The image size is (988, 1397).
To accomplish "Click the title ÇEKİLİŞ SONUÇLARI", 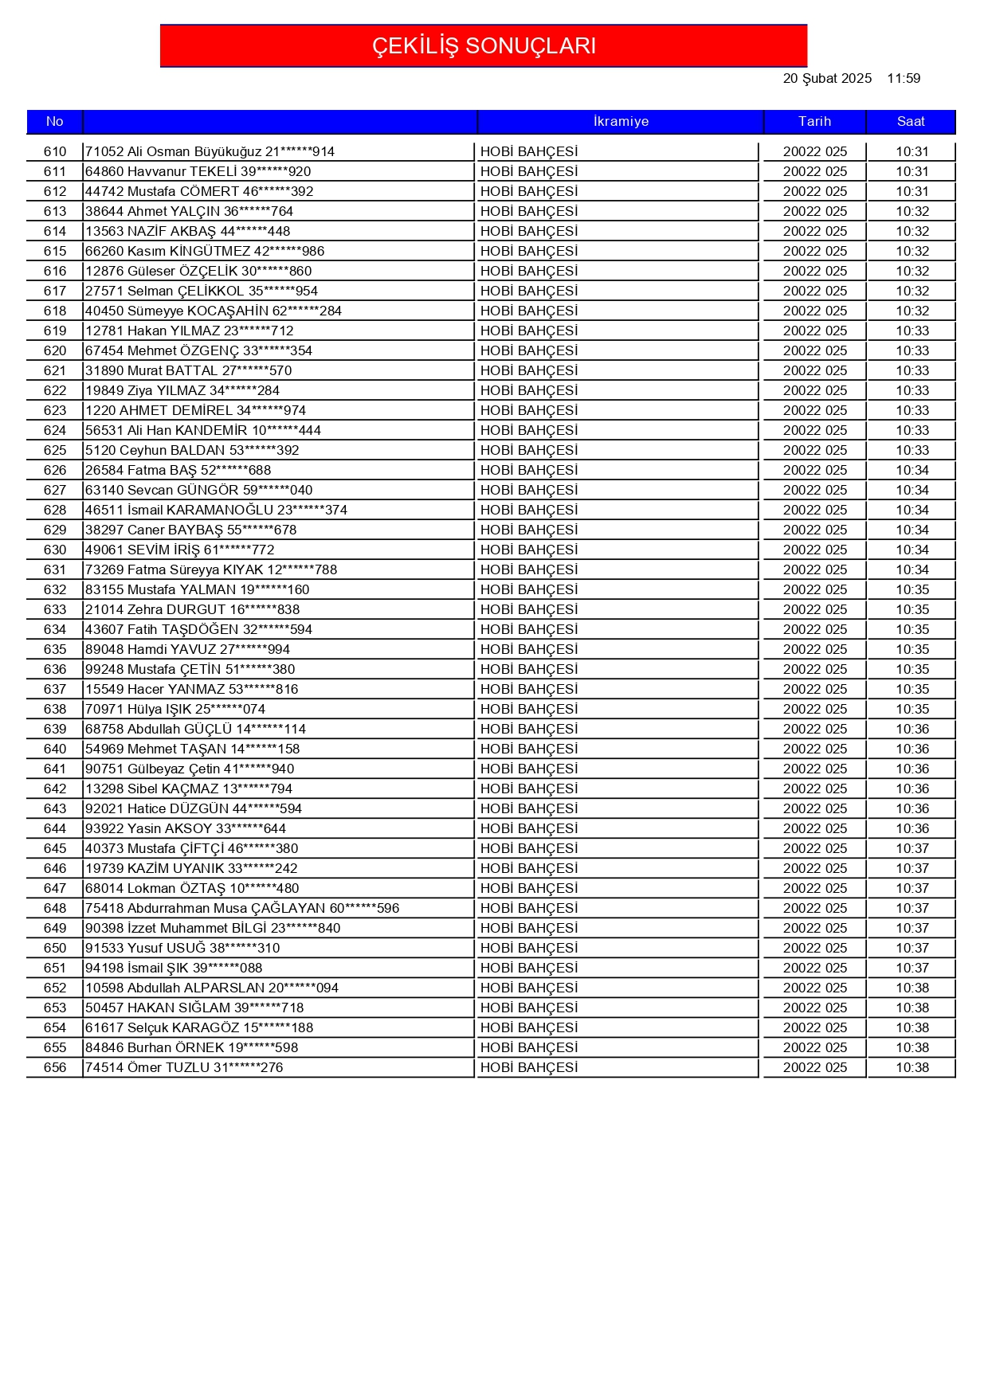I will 484,45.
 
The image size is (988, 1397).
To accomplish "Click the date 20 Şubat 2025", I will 827,78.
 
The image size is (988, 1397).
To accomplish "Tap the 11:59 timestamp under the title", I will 904,78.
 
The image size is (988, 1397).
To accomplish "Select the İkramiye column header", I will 621,121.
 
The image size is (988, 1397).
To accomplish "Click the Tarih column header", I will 814,121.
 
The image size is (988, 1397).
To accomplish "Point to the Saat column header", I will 911,121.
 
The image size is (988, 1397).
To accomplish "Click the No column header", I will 54,121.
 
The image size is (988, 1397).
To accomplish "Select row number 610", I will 55,151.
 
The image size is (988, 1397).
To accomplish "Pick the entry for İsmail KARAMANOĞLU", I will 216,510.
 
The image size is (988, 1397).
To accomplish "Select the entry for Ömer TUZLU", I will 184,1067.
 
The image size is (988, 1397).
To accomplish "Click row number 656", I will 55,1067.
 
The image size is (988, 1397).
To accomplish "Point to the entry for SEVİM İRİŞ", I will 180,550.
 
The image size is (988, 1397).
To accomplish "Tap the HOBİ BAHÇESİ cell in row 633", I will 529,609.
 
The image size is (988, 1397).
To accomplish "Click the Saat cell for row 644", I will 912,828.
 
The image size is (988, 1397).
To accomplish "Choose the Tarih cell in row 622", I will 814,390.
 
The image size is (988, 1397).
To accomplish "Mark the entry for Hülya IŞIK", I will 175,709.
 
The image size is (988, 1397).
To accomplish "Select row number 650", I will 55,948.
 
